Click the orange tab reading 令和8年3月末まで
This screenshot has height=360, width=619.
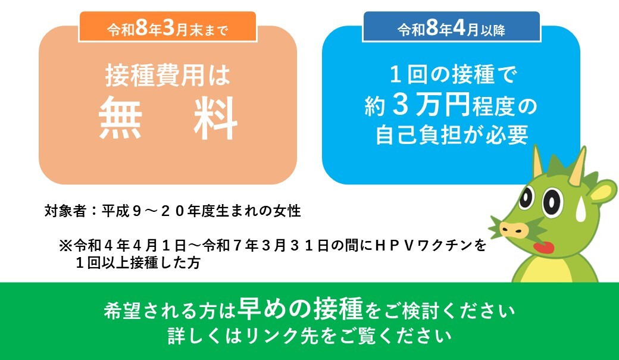167,27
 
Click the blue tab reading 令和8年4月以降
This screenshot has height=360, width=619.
451,27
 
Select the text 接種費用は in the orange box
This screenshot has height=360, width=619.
167,77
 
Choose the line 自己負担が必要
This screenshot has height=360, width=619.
451,136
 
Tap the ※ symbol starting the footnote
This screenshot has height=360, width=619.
65,246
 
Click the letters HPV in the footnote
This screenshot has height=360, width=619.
392,246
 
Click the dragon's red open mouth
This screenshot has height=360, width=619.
542,246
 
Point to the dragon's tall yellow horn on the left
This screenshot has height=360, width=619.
537,162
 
